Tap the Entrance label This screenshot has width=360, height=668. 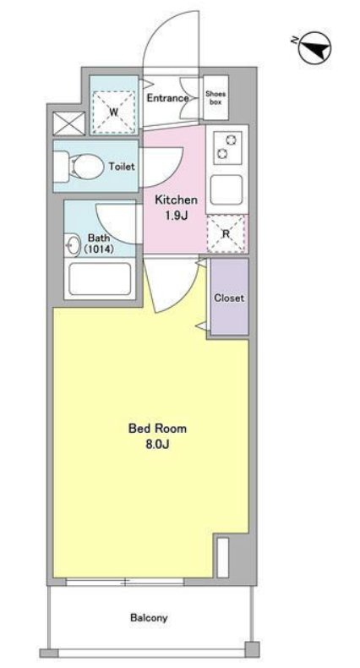pos(167,98)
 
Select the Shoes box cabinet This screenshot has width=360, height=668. pos(215,97)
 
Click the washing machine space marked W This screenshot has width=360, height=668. pos(113,112)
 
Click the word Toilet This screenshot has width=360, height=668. pos(122,166)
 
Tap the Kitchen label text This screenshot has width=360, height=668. pos(176,200)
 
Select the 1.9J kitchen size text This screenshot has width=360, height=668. pos(176,216)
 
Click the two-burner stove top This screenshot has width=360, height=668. pos(227,147)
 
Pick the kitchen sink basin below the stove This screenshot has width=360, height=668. pos(226,189)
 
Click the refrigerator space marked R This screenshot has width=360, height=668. pos(226,234)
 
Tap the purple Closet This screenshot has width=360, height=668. pos(229,297)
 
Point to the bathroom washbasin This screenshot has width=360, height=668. pos(74,246)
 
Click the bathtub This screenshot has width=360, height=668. pos(100,279)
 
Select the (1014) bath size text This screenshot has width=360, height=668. pos(99,249)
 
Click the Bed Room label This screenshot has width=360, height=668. pos(157,428)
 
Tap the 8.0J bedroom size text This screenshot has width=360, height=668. pos(158,444)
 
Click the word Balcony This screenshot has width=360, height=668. pos(149,617)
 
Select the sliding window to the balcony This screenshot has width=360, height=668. pos(125,582)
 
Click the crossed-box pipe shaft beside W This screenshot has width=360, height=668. pos(68,123)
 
